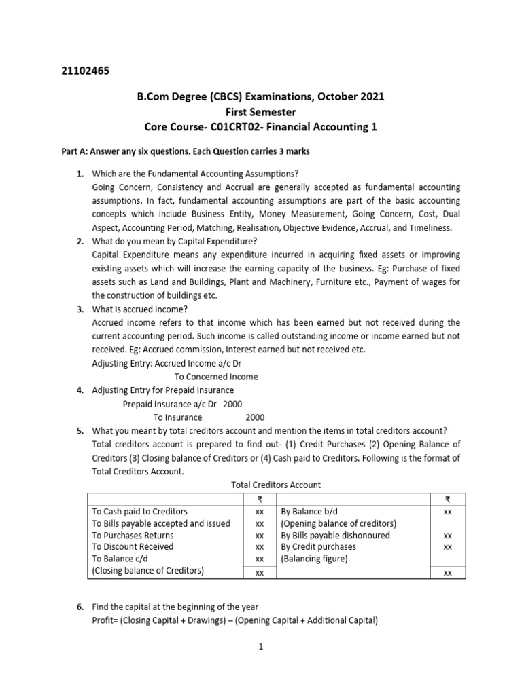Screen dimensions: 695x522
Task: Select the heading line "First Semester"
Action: [261, 111]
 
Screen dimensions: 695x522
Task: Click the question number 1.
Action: [80, 174]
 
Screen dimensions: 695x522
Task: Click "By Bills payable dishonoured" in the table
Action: [335, 535]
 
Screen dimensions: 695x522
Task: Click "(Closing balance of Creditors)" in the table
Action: [147, 571]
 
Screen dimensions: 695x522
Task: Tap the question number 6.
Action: [80, 607]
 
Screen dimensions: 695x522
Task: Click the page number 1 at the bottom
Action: [260, 647]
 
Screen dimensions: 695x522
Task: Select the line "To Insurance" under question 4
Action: [177, 417]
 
